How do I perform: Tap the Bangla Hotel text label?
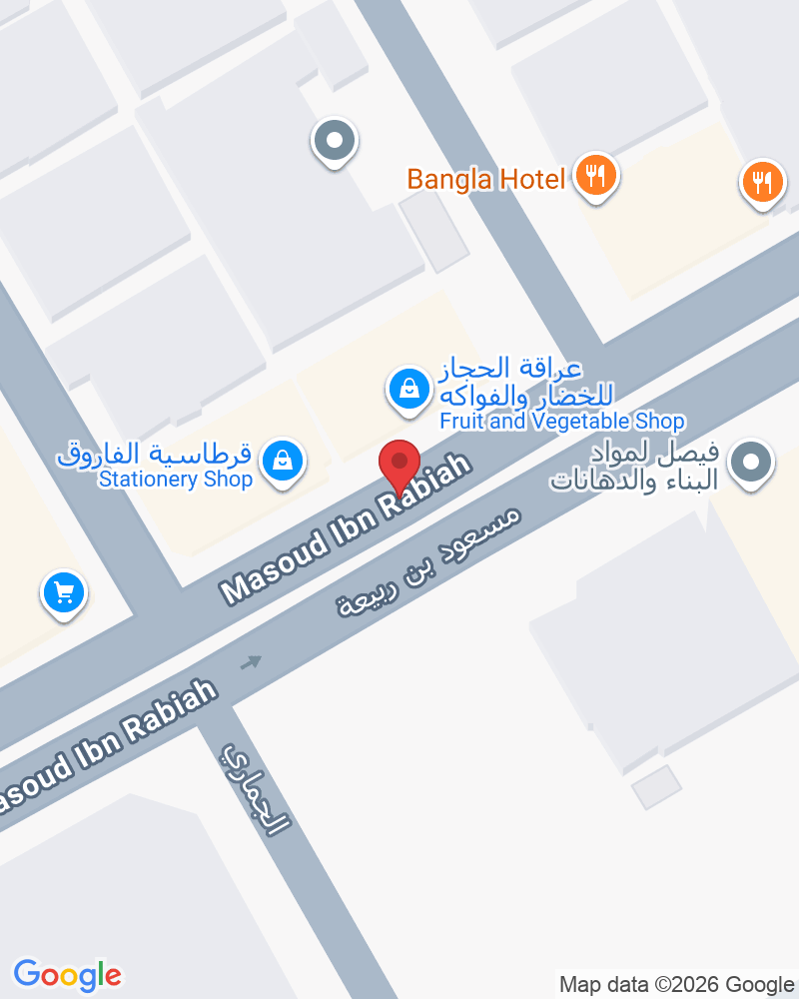[485, 180]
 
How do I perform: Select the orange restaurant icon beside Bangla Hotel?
[596, 177]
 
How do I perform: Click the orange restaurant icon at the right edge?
[762, 182]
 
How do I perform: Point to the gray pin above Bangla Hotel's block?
[334, 141]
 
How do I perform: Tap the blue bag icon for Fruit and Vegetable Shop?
[408, 389]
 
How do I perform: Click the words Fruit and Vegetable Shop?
[562, 422]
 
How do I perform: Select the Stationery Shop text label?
[175, 480]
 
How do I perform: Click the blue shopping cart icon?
[64, 593]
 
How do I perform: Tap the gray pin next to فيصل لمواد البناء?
[751, 464]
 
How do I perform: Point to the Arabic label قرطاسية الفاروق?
[154, 456]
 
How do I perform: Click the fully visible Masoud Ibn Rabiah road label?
[346, 531]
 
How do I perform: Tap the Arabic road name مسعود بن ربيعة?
[428, 562]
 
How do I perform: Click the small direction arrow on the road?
[251, 661]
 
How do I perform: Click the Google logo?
[67, 974]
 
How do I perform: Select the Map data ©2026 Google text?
[675, 984]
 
